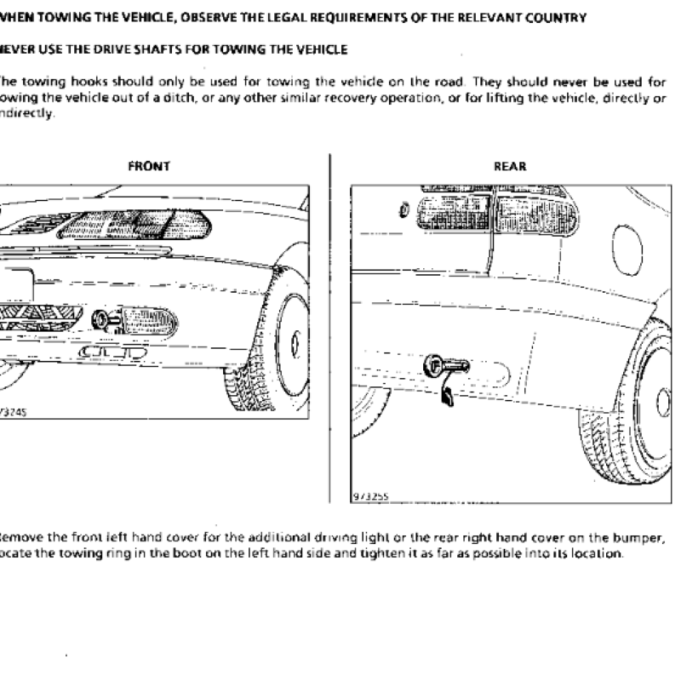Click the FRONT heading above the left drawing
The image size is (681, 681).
[149, 167]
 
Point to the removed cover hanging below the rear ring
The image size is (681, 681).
[448, 395]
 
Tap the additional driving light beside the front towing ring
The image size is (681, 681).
[148, 320]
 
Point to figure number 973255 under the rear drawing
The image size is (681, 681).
[368, 495]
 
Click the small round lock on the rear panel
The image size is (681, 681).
[403, 209]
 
